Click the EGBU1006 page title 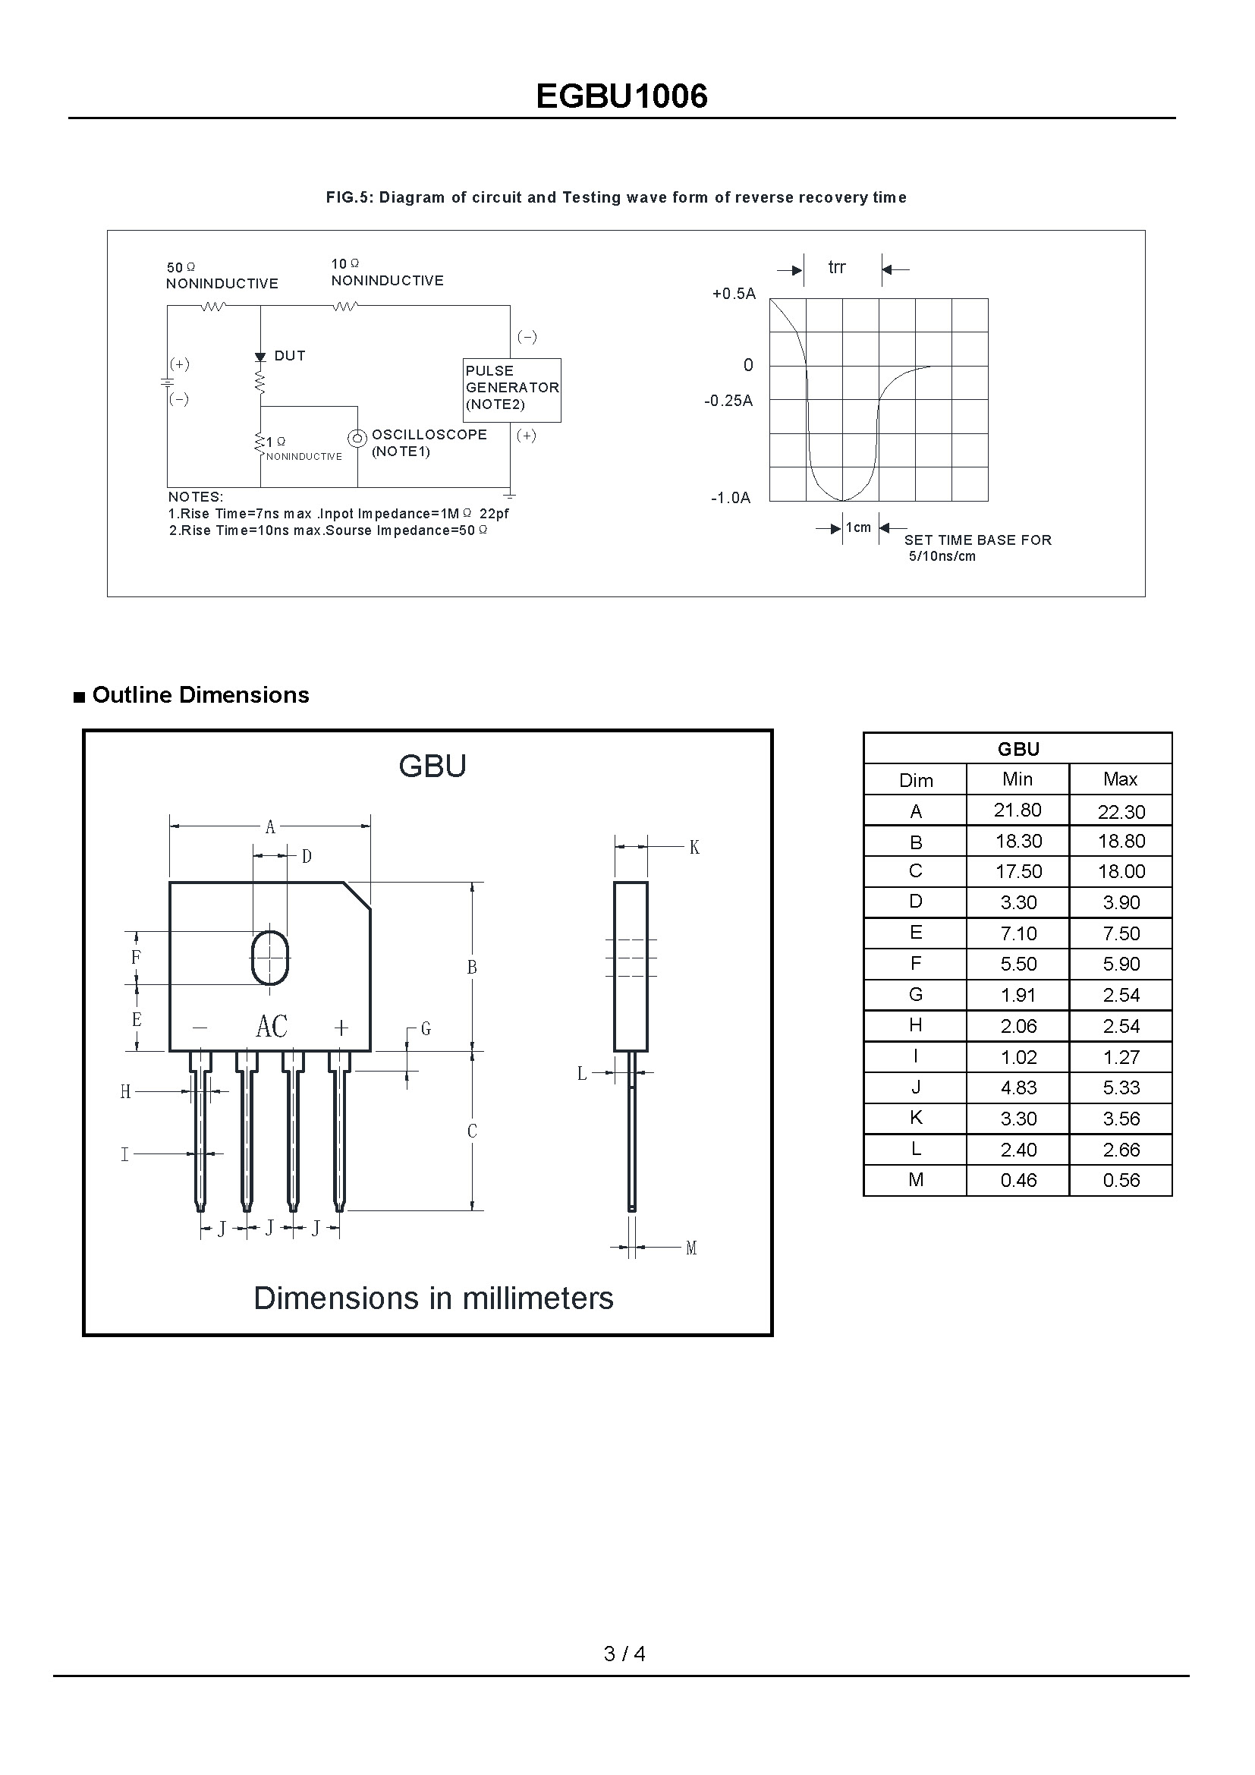[621, 96]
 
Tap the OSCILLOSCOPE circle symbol [357, 439]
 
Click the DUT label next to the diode [290, 356]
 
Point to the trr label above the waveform [837, 267]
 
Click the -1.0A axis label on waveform [730, 498]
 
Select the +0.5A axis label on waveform [734, 294]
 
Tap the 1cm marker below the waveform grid [858, 527]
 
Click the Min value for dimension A [1017, 810]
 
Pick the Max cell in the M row [1121, 1181]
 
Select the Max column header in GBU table [1121, 779]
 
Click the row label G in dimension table [915, 995]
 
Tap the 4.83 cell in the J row [1018, 1087]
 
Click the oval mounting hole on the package [269, 958]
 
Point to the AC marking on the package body [271, 1027]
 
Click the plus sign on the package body [341, 1028]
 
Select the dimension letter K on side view [694, 848]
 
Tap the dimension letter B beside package [472, 967]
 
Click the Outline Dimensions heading [200, 695]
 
